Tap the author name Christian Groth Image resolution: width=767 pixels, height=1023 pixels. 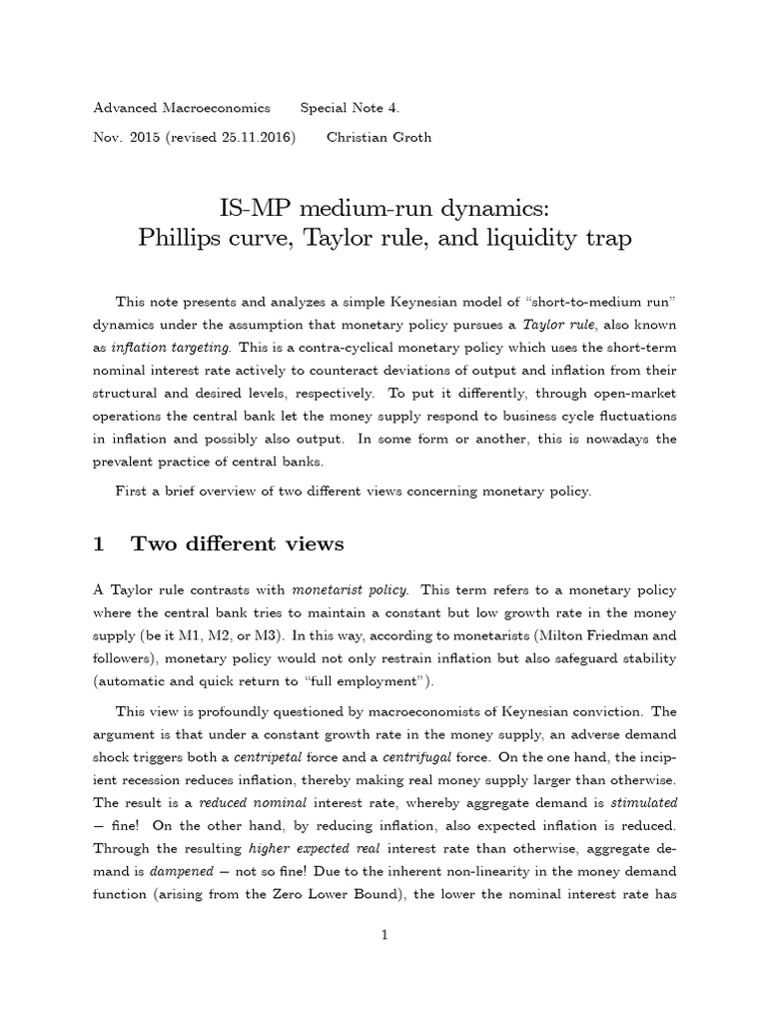[379, 137]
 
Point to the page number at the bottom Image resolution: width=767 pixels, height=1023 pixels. [383, 933]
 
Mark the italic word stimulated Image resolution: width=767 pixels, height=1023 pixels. [639, 801]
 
